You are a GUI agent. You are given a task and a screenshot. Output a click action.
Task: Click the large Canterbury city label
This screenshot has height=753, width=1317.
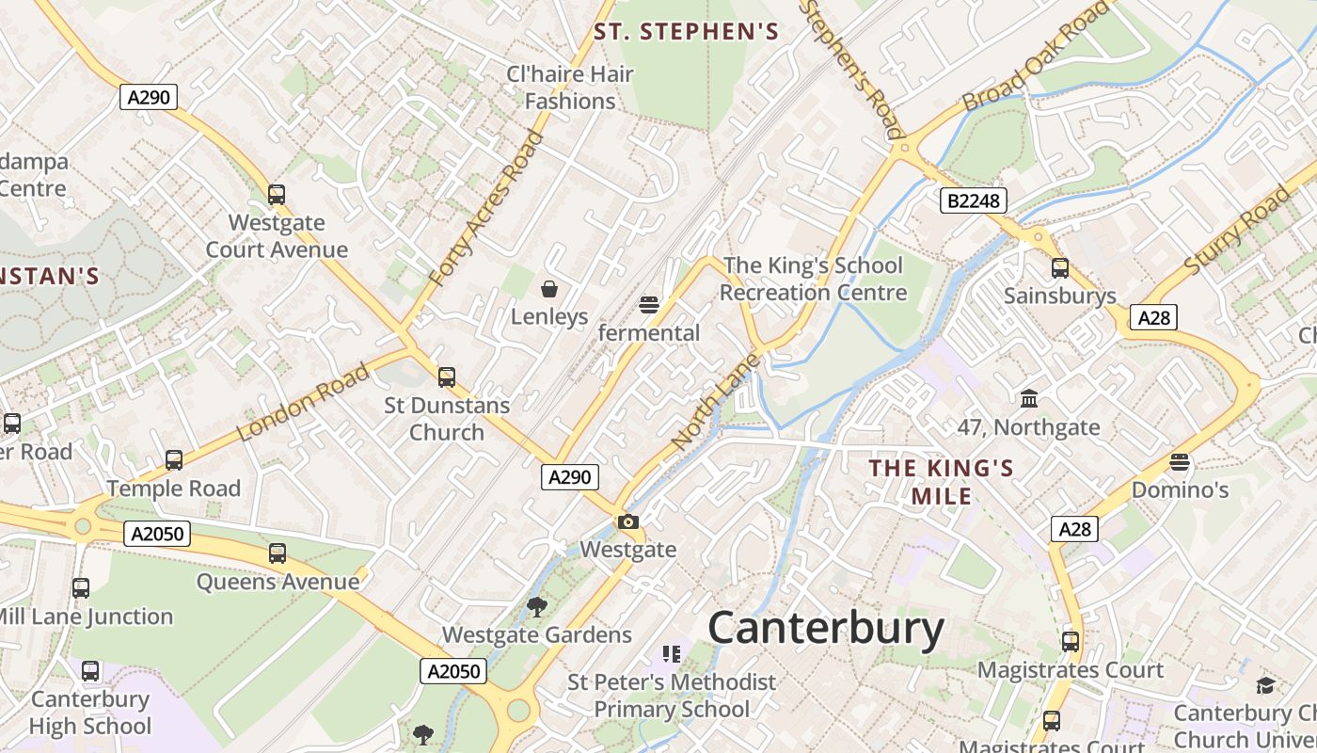coord(826,628)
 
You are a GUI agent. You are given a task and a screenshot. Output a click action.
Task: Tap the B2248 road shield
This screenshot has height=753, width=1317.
coord(973,200)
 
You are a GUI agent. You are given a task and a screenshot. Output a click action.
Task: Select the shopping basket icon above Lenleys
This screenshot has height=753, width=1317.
coord(549,288)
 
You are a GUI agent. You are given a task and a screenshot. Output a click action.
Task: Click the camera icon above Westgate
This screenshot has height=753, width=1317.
coord(628,521)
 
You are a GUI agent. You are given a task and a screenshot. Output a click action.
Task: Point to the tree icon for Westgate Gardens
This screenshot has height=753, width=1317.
coord(536,606)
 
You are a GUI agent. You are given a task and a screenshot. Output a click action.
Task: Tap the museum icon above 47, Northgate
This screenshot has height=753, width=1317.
coord(1028,399)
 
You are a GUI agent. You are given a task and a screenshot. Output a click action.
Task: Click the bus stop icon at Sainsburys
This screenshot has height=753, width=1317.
coord(1060,267)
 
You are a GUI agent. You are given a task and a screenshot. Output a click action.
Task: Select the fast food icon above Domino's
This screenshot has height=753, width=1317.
coord(1180,462)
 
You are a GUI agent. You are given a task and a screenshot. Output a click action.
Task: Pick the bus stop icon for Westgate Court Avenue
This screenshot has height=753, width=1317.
coord(277,195)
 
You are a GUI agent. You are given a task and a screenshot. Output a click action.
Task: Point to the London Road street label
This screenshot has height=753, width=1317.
coord(303,403)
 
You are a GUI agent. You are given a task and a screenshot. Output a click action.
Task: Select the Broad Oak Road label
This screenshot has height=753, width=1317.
coord(1036,56)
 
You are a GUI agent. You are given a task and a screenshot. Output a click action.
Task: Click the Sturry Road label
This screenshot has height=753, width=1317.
coord(1237,231)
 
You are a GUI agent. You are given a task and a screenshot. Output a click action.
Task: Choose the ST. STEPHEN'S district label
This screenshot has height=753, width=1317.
coord(686,32)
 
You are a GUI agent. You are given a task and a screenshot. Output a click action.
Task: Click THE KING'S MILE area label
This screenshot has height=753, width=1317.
coord(941,482)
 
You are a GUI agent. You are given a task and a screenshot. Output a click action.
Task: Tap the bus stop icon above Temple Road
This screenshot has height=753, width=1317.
coord(174,460)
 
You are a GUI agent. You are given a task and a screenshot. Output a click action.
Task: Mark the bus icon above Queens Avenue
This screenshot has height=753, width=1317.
coord(278,553)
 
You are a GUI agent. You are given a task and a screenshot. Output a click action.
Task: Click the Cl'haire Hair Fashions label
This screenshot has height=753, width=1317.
coord(570,88)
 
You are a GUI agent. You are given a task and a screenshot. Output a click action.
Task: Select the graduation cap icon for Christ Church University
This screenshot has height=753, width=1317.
coord(1265,685)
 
